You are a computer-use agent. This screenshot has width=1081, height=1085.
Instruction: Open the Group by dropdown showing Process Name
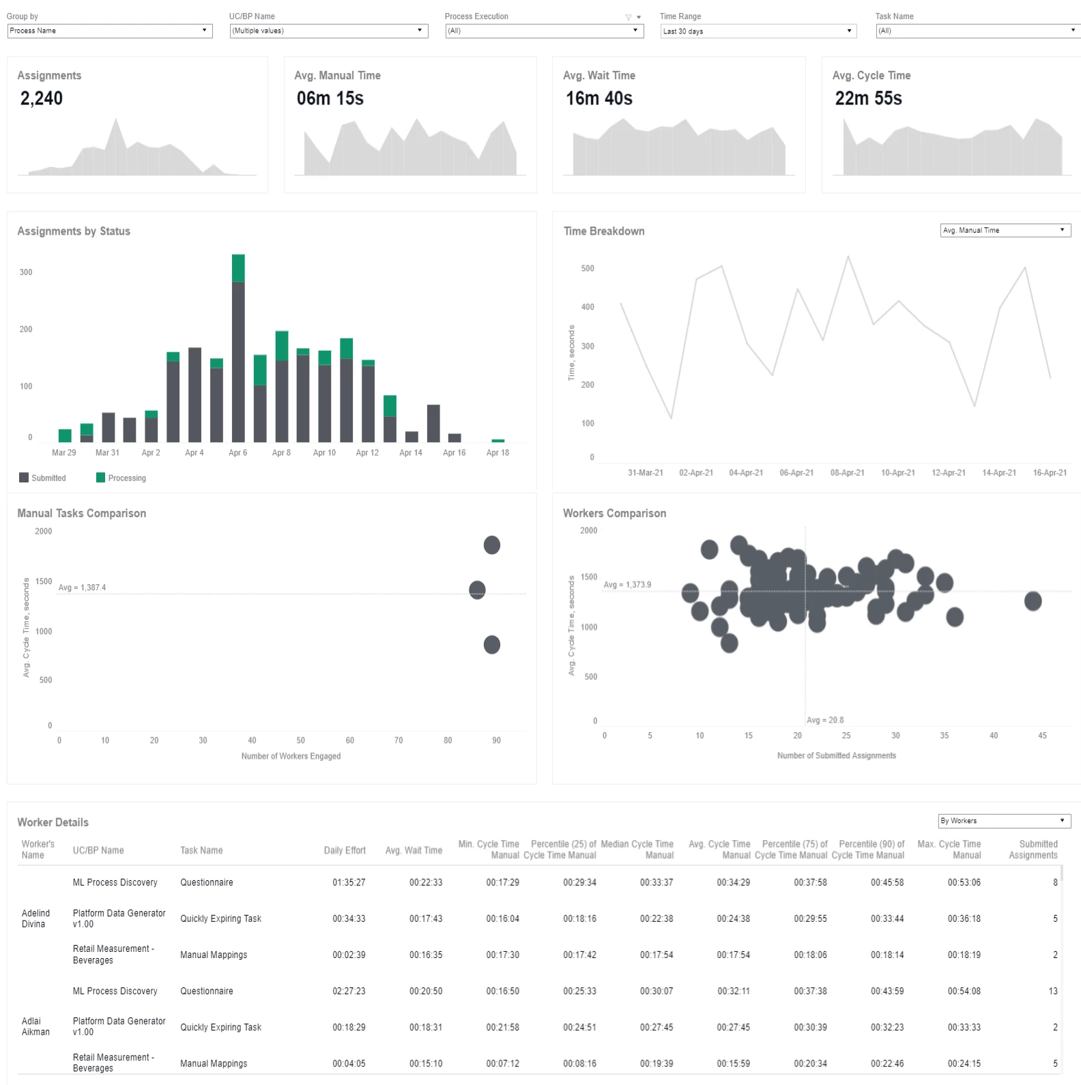(110, 31)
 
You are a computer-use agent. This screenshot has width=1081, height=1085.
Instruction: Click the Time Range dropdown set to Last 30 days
(758, 31)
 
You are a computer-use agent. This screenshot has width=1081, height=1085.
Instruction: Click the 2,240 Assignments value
(42, 99)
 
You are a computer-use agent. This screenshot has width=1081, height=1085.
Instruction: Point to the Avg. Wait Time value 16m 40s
(599, 99)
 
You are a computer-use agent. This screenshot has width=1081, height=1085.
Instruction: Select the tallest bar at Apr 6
(238, 348)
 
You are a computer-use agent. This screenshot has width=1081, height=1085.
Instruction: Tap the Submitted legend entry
(42, 478)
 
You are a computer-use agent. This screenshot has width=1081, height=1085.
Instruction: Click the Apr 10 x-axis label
(324, 452)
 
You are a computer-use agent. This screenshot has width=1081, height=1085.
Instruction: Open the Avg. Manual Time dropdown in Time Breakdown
(1005, 231)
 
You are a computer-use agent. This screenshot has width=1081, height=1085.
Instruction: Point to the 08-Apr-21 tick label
(847, 472)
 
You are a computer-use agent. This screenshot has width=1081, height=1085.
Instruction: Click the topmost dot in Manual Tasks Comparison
(492, 545)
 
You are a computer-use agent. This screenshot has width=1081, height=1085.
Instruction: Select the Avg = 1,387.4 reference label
(82, 588)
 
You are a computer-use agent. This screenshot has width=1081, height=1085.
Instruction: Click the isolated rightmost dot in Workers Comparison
(1033, 601)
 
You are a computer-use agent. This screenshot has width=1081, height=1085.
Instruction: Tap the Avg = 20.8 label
(825, 720)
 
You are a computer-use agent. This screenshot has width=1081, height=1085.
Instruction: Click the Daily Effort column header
(345, 850)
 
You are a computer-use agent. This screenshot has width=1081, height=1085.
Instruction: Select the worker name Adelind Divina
(35, 918)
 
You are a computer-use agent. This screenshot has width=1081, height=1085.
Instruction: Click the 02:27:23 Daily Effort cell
(349, 991)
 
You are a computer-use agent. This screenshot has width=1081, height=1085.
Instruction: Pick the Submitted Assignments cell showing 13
(1053, 991)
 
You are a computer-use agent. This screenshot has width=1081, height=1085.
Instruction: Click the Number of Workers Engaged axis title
(291, 756)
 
